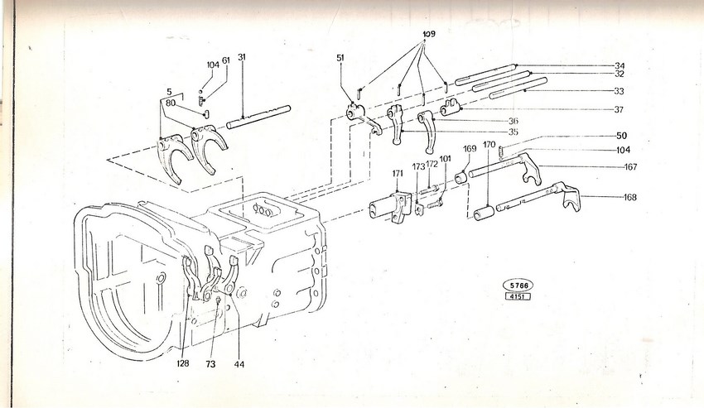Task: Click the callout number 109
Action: (429, 34)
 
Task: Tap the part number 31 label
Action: (242, 57)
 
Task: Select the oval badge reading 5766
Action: (518, 285)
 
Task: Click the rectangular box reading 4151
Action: (518, 296)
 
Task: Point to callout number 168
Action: (630, 197)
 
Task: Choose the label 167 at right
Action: (630, 167)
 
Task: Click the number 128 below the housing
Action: (183, 363)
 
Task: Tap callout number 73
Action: (210, 364)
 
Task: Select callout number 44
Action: (239, 364)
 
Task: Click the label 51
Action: (340, 57)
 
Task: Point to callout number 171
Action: (398, 172)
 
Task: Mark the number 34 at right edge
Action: (620, 66)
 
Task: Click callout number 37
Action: (619, 109)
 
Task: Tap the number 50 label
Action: (621, 136)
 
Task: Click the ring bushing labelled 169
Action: (462, 178)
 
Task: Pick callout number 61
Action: (226, 60)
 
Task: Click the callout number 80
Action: (170, 103)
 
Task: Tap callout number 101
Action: (445, 158)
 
